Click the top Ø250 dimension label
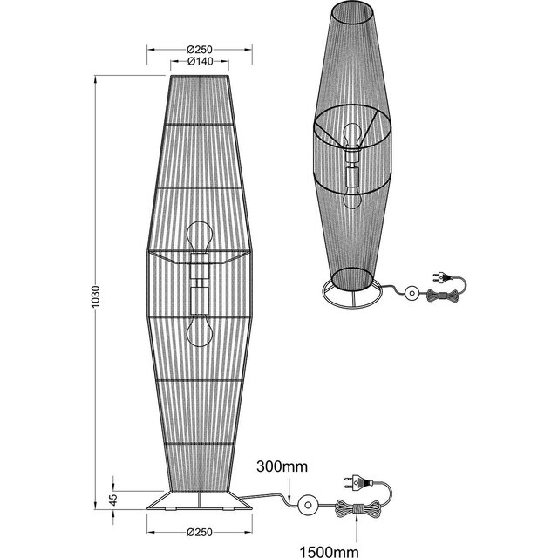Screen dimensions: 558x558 [x=201, y=49]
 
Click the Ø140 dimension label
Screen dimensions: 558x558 [x=201, y=62]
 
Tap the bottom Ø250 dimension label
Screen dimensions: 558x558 [x=201, y=532]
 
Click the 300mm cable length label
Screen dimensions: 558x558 [x=282, y=468]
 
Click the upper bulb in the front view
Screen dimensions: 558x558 [x=199, y=237]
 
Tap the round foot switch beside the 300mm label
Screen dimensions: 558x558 [x=307, y=506]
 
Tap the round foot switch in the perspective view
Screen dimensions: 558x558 [x=409, y=295]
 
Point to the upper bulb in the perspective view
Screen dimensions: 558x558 [x=352, y=135]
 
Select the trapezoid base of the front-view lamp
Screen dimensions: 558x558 [x=200, y=503]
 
